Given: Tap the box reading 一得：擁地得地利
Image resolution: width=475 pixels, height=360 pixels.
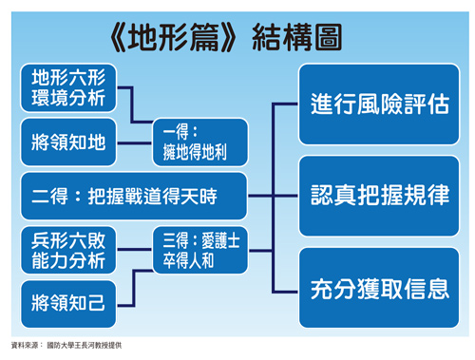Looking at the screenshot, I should click(x=199, y=142).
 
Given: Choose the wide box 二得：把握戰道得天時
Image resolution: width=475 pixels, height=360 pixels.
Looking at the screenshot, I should click(x=132, y=196).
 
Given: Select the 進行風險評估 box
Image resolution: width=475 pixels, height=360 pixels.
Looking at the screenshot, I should click(x=378, y=104).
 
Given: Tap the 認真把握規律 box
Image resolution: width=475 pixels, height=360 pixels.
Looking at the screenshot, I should click(x=378, y=197).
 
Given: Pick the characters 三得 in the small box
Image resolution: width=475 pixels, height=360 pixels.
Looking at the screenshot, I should click(x=171, y=242).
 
